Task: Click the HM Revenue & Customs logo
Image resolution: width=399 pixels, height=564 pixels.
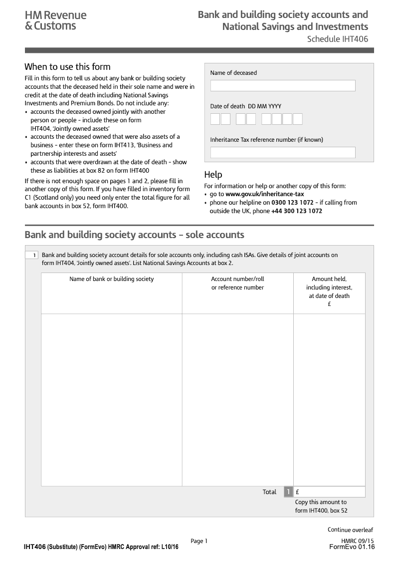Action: (55, 20)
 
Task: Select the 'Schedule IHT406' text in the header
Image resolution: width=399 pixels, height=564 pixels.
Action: (337, 39)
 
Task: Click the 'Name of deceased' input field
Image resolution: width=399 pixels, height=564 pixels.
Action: (283, 86)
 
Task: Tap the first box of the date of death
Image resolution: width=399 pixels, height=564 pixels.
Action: (215, 119)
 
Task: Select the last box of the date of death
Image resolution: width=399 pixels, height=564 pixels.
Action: (297, 119)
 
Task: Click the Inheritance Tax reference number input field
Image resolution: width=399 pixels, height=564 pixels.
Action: (283, 152)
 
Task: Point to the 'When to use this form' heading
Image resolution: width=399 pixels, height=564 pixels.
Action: (67, 67)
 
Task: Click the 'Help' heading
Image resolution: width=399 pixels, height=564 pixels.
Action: (213, 175)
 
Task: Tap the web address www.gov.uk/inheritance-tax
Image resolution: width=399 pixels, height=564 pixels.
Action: (264, 194)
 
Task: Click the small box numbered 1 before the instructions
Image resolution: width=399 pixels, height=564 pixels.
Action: (31, 256)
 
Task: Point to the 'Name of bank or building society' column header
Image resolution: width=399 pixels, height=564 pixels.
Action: (112, 279)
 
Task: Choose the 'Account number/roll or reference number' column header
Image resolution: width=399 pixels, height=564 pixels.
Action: (237, 283)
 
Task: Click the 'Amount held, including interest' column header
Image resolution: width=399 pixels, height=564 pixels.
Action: (329, 287)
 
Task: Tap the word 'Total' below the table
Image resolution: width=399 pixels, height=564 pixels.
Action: (269, 492)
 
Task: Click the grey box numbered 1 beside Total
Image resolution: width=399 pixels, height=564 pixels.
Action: (288, 492)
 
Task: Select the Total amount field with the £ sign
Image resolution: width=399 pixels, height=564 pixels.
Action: (330, 492)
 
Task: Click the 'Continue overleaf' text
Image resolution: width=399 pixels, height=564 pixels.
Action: (350, 530)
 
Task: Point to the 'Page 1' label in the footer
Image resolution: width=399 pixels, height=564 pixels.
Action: (199, 541)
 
